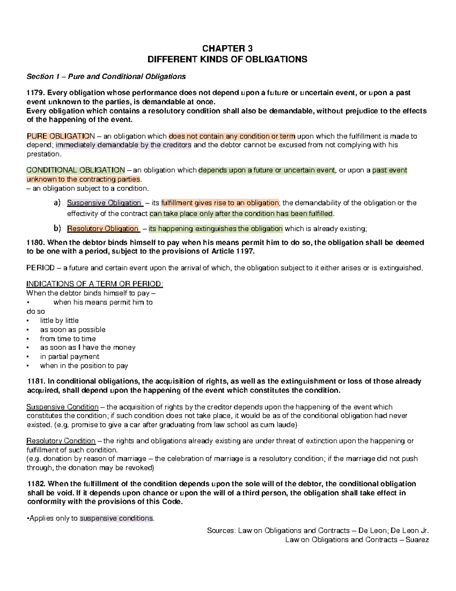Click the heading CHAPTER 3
click(x=227, y=48)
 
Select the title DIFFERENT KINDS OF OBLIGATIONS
click(x=227, y=59)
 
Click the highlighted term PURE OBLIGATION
click(x=60, y=136)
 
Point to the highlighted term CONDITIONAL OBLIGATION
click(x=75, y=170)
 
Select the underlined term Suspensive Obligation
click(x=104, y=203)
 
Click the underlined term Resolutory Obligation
click(x=103, y=229)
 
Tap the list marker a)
click(x=57, y=203)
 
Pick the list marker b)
click(x=57, y=228)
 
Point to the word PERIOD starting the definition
click(x=40, y=268)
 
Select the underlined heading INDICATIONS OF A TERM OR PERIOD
click(x=94, y=284)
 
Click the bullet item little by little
click(x=59, y=320)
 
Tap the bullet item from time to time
click(x=68, y=339)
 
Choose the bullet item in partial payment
click(x=70, y=357)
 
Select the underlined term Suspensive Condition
click(x=62, y=407)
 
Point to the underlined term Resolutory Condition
click(x=61, y=441)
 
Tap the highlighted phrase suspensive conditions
click(x=117, y=518)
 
